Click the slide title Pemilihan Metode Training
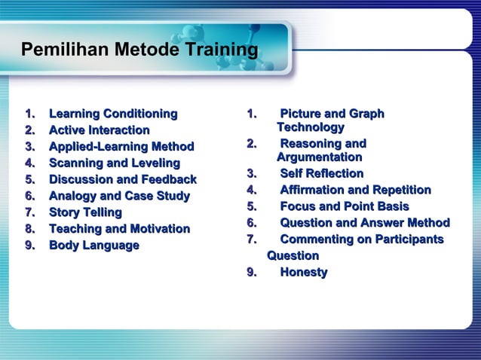(139, 50)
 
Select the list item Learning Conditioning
(113, 114)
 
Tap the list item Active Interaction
(99, 130)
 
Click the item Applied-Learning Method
(121, 147)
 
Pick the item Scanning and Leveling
(114, 163)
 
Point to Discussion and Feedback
(122, 180)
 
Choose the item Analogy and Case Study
(119, 197)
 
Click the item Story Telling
(84, 213)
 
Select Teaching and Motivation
(119, 229)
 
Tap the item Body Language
(93, 246)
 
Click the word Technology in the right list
(311, 128)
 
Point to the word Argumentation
(319, 157)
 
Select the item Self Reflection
(322, 174)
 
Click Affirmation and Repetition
(355, 190)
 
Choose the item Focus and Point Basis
(345, 206)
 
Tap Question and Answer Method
(365, 222)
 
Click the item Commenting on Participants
(361, 239)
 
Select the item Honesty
(303, 272)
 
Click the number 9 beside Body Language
(29, 246)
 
